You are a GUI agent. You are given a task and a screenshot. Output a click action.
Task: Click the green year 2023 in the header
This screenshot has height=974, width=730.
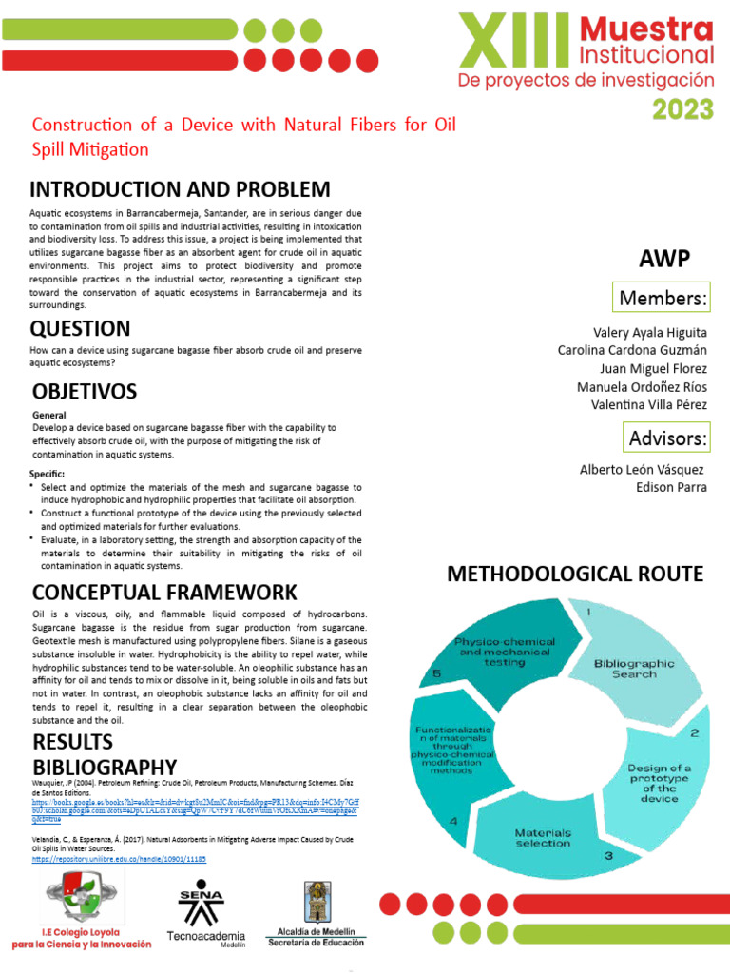[682, 108]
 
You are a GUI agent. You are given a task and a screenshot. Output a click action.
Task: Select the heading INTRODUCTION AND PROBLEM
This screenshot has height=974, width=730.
[181, 189]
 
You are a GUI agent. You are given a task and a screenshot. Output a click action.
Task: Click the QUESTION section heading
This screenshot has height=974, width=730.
[81, 329]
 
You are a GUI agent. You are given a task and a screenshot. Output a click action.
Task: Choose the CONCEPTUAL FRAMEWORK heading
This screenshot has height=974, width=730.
[164, 593]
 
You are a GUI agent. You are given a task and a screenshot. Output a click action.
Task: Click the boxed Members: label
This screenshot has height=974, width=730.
[663, 299]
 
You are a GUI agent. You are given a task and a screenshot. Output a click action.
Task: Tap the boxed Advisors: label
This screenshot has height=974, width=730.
[667, 438]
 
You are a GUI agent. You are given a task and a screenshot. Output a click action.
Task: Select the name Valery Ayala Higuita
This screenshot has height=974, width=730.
[650, 333]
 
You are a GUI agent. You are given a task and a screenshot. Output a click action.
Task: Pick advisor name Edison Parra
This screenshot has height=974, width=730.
[671, 487]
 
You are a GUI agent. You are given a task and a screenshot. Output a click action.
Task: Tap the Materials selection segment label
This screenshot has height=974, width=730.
[543, 837]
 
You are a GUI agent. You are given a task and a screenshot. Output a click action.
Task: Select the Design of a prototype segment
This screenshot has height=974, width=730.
[659, 783]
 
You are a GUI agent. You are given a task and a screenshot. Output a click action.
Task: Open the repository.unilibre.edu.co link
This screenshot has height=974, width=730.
[119, 858]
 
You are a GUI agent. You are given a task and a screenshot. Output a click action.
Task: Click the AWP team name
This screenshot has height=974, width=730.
[664, 259]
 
